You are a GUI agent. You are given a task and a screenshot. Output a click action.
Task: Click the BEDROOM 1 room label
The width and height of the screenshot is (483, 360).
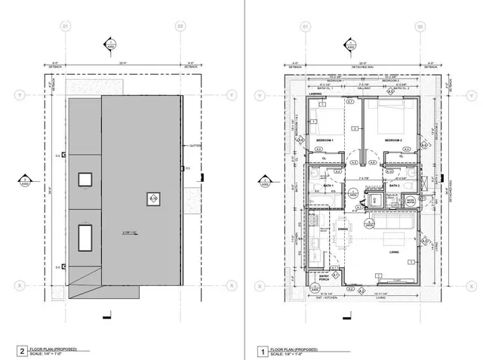pos(325,141)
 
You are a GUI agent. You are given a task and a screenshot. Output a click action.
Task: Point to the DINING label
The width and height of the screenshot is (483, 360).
pos(343,229)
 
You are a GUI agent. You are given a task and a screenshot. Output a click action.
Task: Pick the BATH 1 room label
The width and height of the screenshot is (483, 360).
pos(329,185)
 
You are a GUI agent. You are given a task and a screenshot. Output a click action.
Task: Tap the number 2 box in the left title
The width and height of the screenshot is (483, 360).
pos(22,351)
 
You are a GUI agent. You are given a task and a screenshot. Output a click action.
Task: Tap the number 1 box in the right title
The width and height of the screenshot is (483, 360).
pos(263,351)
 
